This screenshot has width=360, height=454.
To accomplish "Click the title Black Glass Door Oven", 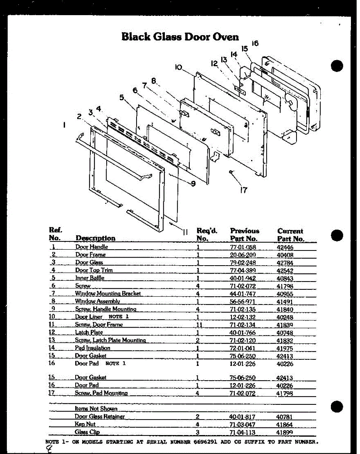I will click(180, 37).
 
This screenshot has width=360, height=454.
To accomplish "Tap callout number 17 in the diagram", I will click(244, 190).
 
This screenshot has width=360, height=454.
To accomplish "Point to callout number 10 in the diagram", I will click(178, 67).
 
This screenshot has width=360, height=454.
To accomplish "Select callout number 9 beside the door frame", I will click(193, 183).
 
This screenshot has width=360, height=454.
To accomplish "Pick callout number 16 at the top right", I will click(255, 44).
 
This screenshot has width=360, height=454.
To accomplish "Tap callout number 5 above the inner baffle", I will click(122, 97).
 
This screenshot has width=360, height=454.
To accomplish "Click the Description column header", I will click(95, 238).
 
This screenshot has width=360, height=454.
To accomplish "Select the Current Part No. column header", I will click(290, 235).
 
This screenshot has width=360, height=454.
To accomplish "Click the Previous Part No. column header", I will click(244, 235).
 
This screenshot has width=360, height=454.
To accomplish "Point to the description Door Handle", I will click(92, 247).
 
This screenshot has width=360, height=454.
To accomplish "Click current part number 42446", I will click(285, 248).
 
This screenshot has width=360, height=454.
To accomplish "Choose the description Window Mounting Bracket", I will click(108, 294).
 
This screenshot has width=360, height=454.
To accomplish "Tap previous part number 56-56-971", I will click(242, 302).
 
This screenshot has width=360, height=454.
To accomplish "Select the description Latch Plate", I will click(89, 333).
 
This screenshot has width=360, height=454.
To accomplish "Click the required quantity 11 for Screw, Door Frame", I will click(199, 325).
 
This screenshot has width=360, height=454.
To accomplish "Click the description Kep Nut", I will click(85, 424).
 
